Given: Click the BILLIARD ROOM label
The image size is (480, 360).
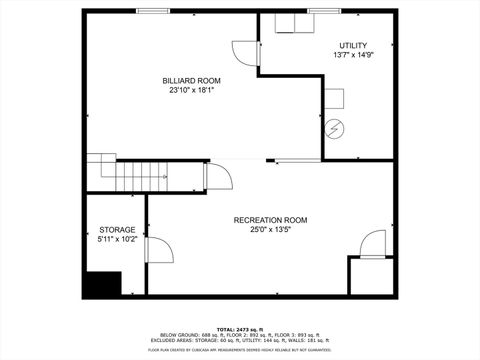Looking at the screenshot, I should pos(192,80).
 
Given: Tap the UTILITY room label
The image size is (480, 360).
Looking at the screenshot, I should pos(353,45).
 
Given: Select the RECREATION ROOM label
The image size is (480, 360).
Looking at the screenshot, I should pos(270,219).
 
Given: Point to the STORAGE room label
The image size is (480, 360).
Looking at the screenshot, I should pos(117,229).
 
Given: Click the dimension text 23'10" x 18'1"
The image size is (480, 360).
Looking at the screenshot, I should pos(192,90).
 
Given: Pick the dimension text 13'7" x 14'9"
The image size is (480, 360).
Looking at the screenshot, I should pos(353,55).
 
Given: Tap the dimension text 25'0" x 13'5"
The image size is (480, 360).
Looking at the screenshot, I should pos(270,229).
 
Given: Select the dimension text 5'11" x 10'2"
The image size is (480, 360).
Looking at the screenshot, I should pos(117,239).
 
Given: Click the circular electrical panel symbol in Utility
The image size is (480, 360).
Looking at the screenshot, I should pos(334,128).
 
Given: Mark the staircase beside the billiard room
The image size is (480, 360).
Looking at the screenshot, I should pos(119,175).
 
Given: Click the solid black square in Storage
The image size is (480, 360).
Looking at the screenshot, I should pos(100,284).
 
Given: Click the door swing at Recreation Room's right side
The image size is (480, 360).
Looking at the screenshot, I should pos(373,243).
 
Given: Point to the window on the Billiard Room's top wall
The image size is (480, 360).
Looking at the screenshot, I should pos(152,11).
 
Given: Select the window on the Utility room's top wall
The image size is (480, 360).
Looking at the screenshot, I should pos(324,11).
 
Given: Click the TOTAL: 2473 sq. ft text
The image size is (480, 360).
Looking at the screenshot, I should pos(240,328).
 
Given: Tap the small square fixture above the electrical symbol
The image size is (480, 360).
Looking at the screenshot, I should pos(334,98).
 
